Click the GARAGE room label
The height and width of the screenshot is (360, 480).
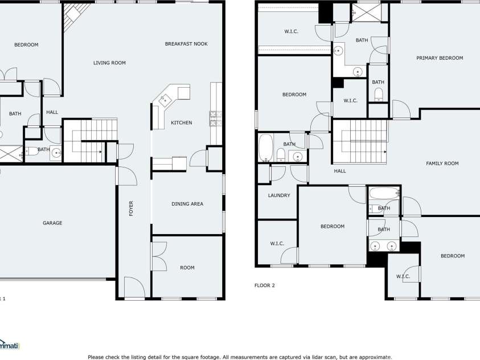[x=52, y=223]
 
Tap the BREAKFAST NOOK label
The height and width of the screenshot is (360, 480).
[x=186, y=44]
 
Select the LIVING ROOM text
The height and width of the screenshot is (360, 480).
[x=109, y=63]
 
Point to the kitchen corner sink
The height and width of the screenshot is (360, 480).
[x=165, y=100]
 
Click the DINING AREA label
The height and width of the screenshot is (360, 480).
[x=187, y=204]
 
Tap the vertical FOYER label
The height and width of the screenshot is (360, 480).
[x=131, y=208]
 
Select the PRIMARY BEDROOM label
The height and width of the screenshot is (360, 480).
[x=440, y=58]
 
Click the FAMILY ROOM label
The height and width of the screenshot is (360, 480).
[x=442, y=163]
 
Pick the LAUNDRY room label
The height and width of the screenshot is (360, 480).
[x=279, y=195]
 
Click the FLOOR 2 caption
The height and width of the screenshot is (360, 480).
[x=265, y=285]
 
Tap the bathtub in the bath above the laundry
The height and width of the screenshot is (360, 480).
[x=265, y=148]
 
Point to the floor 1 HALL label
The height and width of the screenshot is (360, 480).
[x=52, y=112]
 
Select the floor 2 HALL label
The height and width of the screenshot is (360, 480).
[x=340, y=171]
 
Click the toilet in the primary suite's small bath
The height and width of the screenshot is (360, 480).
[x=379, y=95]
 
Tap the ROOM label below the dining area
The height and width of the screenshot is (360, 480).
[x=187, y=268]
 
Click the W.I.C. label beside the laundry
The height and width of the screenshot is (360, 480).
[x=277, y=244]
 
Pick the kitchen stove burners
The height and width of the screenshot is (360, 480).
[x=215, y=118]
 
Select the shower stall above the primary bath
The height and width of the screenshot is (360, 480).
[x=367, y=13]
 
